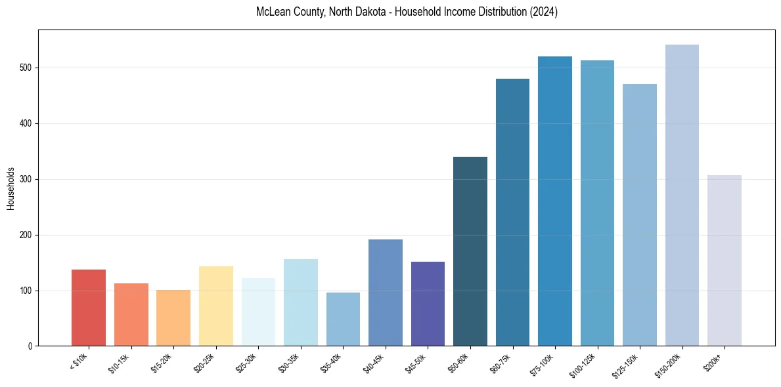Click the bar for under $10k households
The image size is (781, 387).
click(89, 308)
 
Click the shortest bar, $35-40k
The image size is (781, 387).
click(343, 319)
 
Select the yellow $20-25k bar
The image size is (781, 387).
click(215, 306)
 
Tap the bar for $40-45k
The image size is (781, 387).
click(386, 293)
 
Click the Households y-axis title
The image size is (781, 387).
click(11, 188)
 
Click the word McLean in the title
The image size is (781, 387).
click(271, 12)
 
